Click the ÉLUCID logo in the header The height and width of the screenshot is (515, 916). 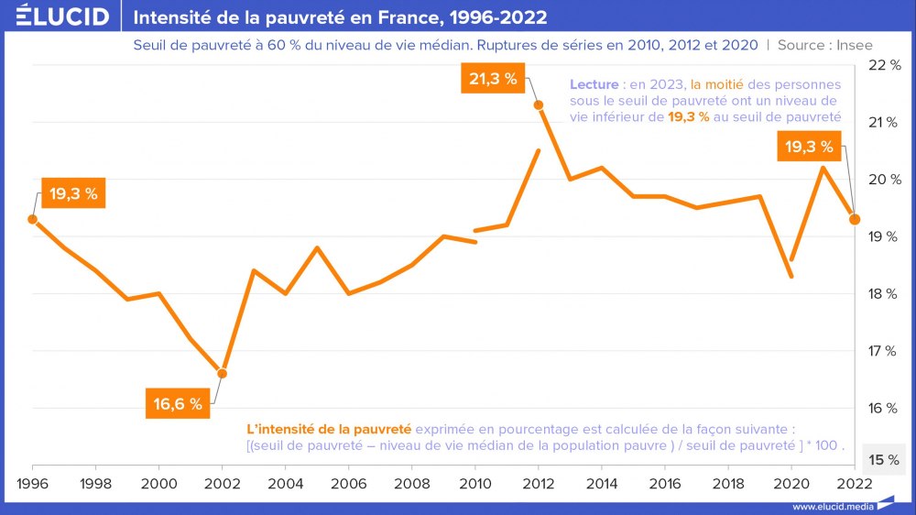point(62,16)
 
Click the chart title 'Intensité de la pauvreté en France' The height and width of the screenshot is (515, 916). point(341,16)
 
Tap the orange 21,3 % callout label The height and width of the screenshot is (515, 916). point(493,79)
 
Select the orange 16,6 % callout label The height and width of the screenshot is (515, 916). point(178,404)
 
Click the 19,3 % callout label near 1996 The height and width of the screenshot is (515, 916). point(73,194)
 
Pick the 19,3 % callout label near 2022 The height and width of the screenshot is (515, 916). point(808,146)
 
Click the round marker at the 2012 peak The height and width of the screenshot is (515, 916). point(539,105)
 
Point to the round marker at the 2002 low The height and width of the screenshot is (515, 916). point(222,373)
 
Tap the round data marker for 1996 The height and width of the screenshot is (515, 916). point(33,219)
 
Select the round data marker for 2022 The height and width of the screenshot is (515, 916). point(855,219)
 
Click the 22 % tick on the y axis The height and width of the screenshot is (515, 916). point(883,65)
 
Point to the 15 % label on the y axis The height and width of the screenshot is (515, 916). point(883,459)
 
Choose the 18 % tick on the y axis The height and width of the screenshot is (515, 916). point(883,293)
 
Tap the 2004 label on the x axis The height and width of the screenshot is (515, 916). point(286,482)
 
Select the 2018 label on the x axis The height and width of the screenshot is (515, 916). point(728,482)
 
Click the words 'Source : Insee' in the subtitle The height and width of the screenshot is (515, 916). point(825,44)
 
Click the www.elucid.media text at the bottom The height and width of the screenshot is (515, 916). point(832,506)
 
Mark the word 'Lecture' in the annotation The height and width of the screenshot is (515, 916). point(594,84)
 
